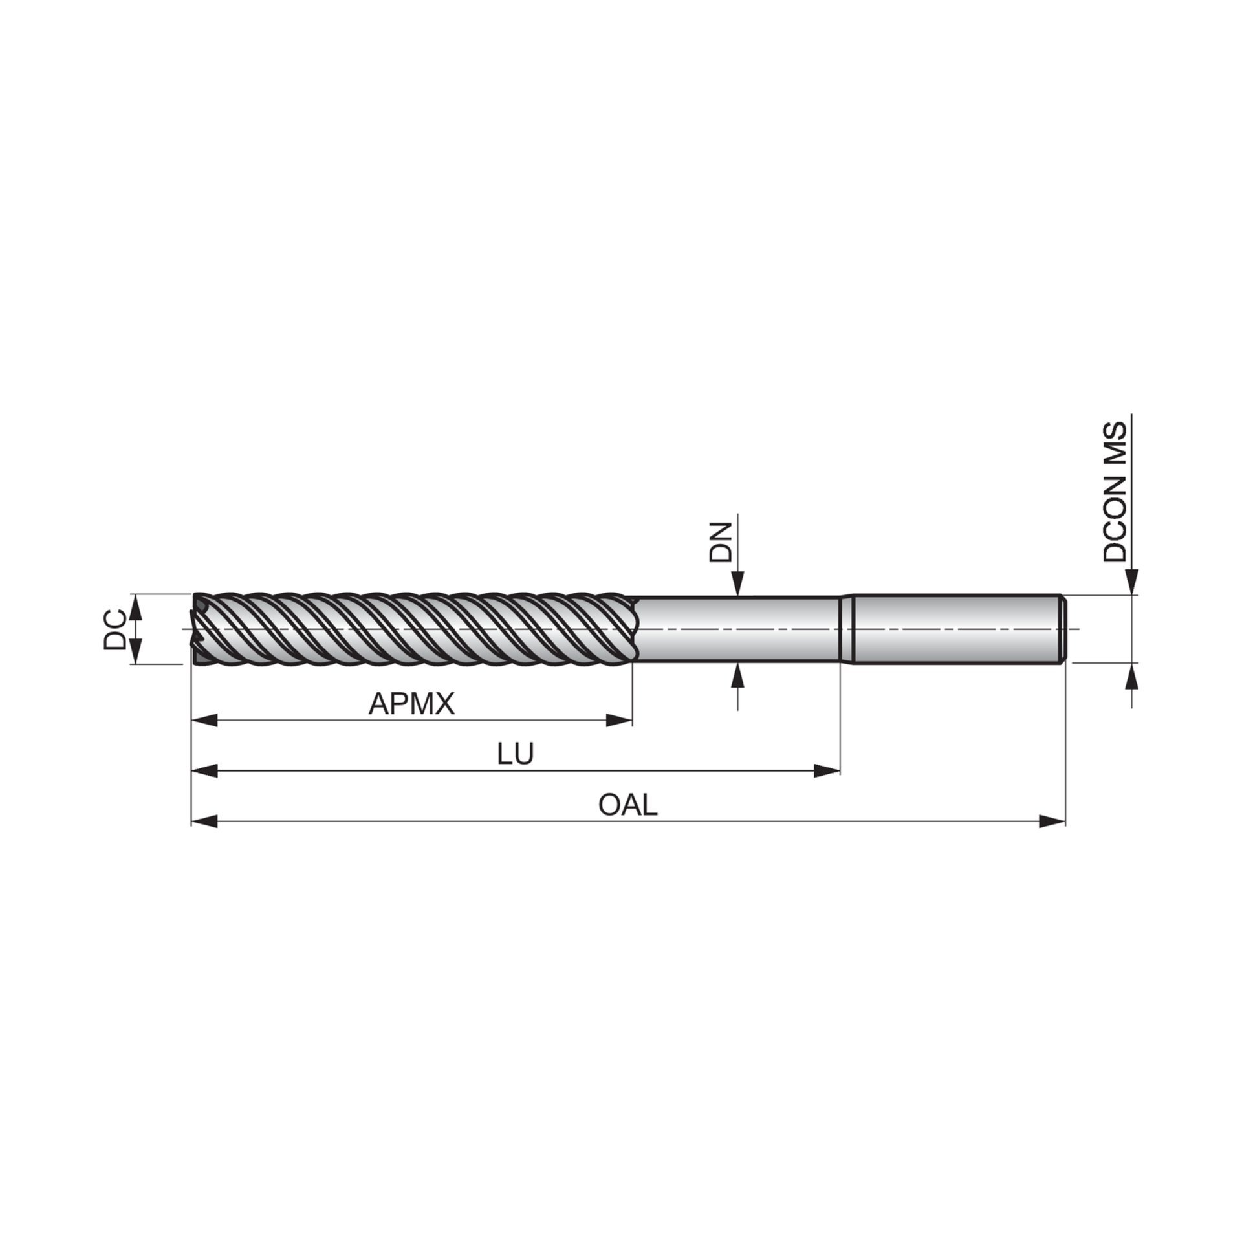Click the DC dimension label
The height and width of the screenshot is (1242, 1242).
114,628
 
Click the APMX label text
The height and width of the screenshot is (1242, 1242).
412,703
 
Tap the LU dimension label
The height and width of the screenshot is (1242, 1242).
516,754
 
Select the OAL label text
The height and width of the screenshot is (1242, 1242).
627,805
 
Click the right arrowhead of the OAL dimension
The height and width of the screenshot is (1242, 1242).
1052,822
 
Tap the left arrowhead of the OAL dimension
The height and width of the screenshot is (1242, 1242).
205,822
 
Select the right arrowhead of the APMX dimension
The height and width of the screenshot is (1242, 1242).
619,720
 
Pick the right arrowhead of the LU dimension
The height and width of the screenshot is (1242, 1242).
826,770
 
